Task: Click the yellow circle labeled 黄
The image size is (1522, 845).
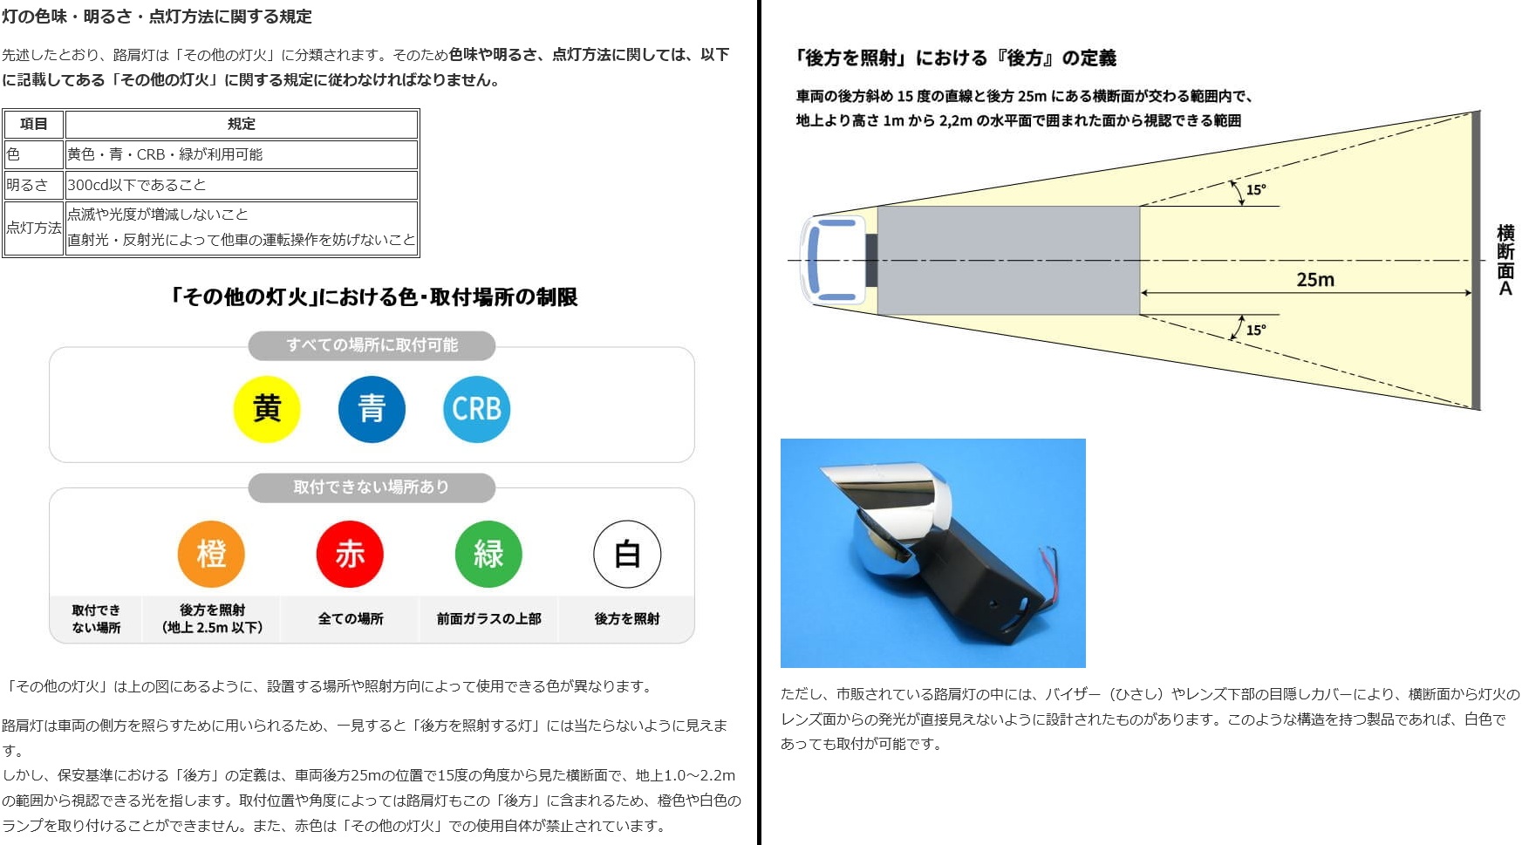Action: pyautogui.click(x=267, y=409)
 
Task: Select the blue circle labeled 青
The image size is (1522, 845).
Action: pyautogui.click(x=372, y=409)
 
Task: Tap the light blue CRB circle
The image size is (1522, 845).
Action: pyautogui.click(x=476, y=409)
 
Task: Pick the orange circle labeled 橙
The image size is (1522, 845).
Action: pyautogui.click(x=211, y=554)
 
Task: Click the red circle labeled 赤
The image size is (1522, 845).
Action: pyautogui.click(x=350, y=554)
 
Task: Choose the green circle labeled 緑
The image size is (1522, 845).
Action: pyautogui.click(x=488, y=554)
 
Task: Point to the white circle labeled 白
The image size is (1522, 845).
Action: pyautogui.click(x=627, y=554)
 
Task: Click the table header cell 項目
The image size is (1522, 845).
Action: pyautogui.click(x=33, y=124)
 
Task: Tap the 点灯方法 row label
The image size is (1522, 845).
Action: pyautogui.click(x=33, y=228)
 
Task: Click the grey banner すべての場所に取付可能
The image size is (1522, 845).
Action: pyautogui.click(x=372, y=345)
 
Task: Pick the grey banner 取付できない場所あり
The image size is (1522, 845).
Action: pyautogui.click(x=372, y=487)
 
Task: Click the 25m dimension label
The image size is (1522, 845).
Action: pyautogui.click(x=1315, y=280)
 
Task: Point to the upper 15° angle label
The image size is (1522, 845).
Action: pyautogui.click(x=1256, y=189)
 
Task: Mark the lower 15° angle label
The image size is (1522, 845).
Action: pyautogui.click(x=1256, y=330)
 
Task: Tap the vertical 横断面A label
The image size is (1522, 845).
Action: pyautogui.click(x=1505, y=260)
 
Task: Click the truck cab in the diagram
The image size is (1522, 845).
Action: pyautogui.click(x=833, y=260)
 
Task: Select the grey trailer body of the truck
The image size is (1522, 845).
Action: pyautogui.click(x=1008, y=260)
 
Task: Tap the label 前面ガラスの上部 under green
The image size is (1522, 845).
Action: pyautogui.click(x=489, y=618)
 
